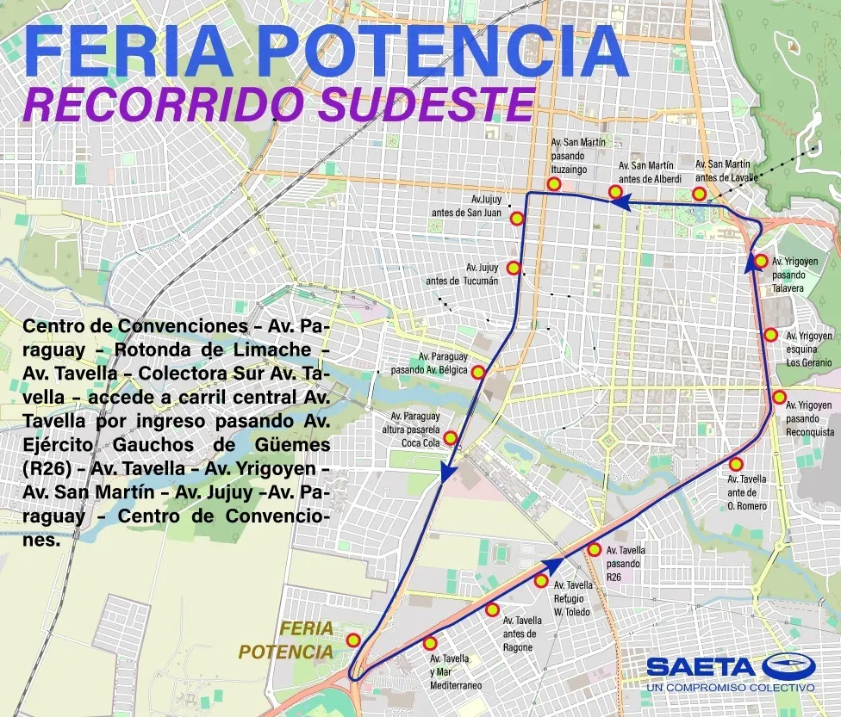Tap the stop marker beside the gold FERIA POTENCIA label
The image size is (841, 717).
[353, 640]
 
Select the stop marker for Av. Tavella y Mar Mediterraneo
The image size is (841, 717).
[431, 643]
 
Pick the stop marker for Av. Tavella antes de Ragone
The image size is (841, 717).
[492, 610]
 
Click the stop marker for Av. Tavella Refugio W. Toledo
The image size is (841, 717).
[541, 581]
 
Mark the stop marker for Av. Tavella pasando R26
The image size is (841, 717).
[595, 549]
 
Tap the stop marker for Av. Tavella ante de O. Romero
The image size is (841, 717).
[736, 464]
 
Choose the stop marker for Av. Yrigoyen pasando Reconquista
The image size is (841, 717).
[779, 398]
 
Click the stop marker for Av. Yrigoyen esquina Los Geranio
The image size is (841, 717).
[770, 335]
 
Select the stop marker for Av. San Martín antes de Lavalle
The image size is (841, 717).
[700, 194]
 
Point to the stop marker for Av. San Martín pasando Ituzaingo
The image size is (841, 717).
[555, 184]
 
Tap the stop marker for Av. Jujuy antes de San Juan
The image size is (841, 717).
[517, 219]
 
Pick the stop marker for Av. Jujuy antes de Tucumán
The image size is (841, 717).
[514, 268]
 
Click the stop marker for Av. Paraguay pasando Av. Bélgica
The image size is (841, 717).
[478, 372]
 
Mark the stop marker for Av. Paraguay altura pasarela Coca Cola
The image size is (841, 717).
[450, 436]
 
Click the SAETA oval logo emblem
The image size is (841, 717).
[787, 666]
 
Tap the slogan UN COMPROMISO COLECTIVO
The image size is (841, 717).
[731, 688]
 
